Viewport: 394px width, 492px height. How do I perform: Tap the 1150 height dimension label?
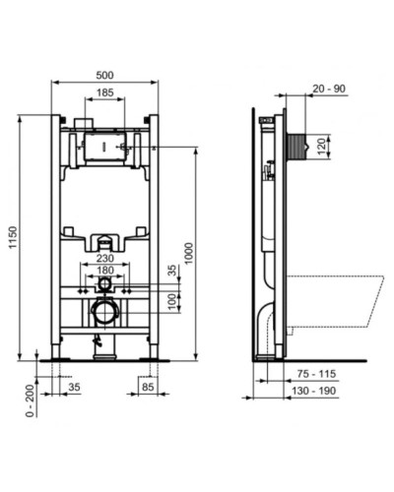[11, 236]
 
